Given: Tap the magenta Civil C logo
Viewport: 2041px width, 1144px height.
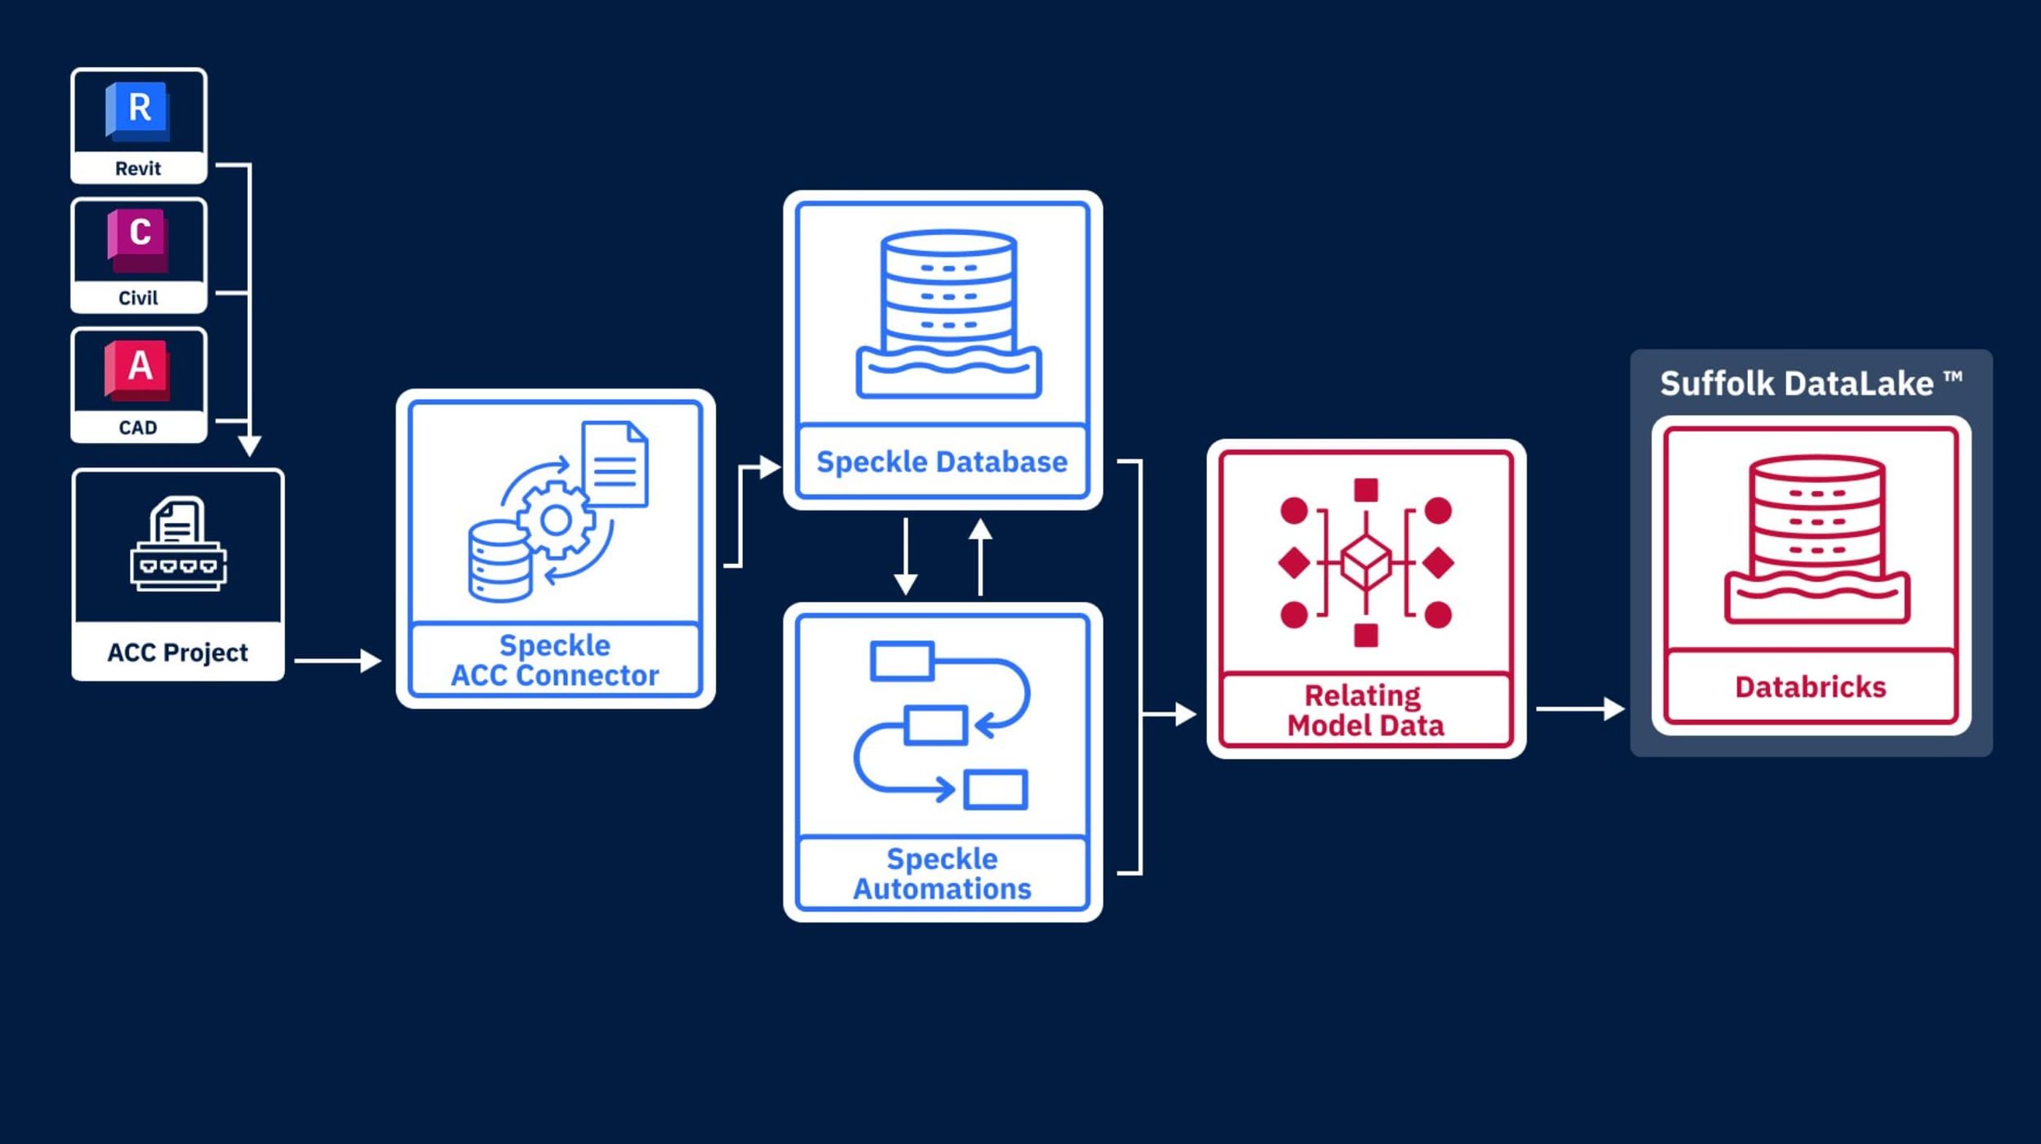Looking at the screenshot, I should pos(138,237).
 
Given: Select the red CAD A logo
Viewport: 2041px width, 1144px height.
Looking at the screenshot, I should pos(138,368).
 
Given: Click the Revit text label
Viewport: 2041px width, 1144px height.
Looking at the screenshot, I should pos(138,169).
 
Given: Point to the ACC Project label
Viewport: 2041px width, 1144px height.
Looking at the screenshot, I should pos(177,652).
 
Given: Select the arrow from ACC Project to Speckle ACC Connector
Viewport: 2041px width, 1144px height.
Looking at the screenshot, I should pos(337,660).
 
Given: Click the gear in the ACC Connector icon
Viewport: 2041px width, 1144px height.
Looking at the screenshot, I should pos(555,521).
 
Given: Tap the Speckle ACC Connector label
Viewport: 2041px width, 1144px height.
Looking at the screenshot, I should pos(555,660).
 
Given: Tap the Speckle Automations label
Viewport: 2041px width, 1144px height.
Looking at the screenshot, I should pos(942,873).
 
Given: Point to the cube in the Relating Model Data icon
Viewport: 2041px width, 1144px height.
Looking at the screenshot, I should pos(1366,562).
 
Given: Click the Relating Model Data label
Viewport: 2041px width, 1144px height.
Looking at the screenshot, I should pos(1365,711).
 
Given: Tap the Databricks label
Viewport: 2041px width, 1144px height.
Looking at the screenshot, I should pos(1811,687).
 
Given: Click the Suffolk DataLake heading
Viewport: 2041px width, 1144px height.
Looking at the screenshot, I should pos(1811,384).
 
